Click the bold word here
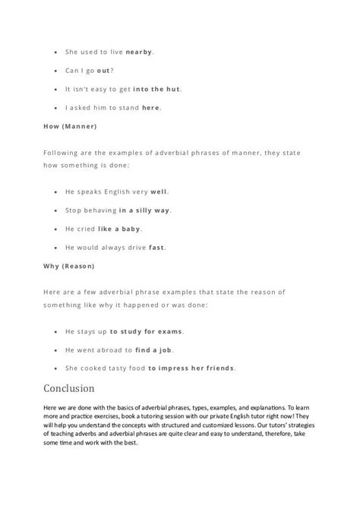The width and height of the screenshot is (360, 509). coord(151,107)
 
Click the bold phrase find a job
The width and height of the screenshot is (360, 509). coord(157,349)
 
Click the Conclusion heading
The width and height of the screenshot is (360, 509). coord(69,389)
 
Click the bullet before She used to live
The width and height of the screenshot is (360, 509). coord(58,52)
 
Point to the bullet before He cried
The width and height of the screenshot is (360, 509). coord(58,228)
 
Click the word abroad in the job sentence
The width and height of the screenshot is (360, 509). coord(116,349)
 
